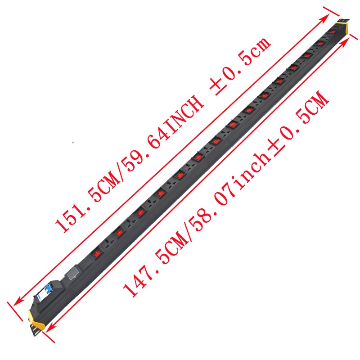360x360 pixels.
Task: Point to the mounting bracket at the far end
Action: point(343,20)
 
